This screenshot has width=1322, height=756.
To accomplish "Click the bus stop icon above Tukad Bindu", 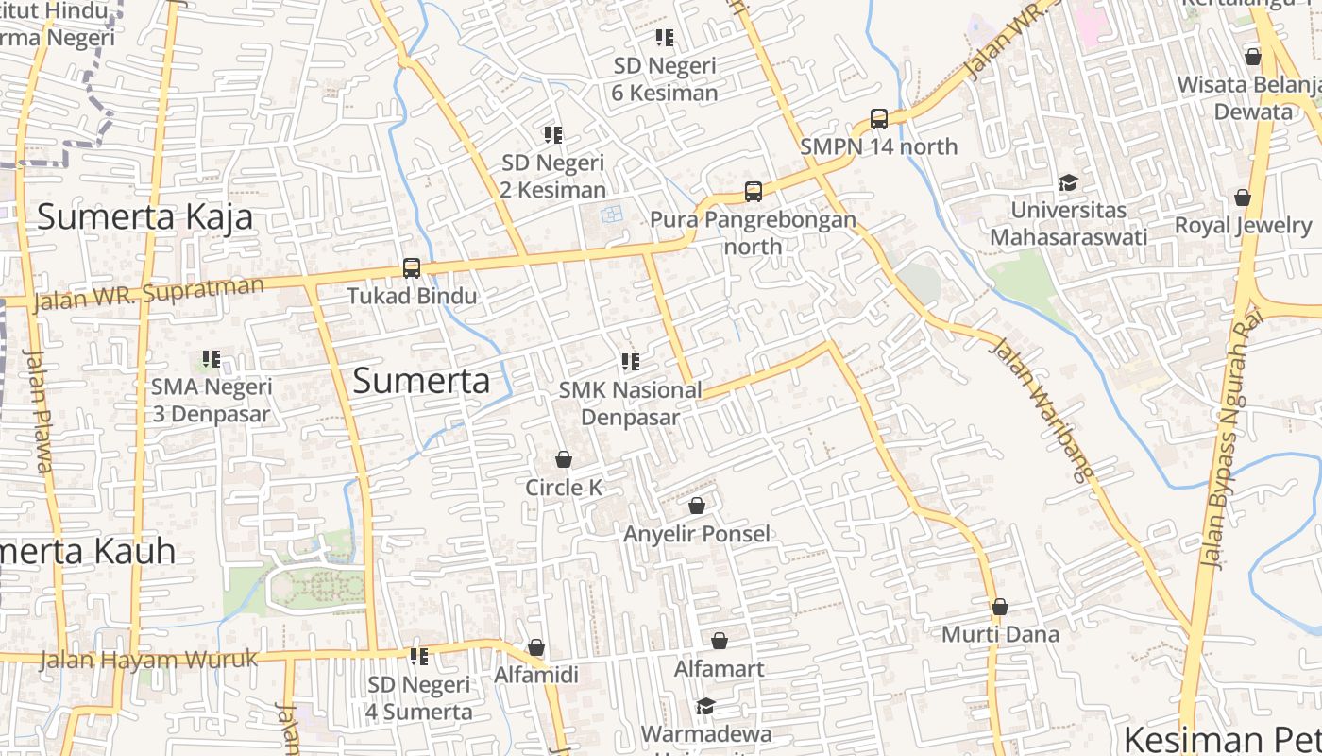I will [412, 268].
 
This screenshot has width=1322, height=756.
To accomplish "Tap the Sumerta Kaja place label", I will [145, 217].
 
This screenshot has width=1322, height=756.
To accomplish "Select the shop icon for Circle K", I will [564, 460].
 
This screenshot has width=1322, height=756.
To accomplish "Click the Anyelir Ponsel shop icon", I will [697, 507].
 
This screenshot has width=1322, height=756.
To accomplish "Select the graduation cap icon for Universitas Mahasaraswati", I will [1068, 182].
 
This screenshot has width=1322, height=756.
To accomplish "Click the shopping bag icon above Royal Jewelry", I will [1243, 198].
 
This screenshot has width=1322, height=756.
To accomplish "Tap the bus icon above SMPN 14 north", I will [879, 119].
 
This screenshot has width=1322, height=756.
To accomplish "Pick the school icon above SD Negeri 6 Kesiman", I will [665, 38].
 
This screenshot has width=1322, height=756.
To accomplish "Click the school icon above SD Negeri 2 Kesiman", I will [553, 135].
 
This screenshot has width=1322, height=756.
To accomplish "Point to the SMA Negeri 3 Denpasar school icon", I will [212, 359].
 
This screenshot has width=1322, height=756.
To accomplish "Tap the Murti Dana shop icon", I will [1000, 607].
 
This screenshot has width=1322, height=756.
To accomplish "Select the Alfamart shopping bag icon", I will [720, 642].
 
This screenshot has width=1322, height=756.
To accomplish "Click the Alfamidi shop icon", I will [536, 648].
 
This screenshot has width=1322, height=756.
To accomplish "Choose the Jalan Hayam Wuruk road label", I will [149, 660].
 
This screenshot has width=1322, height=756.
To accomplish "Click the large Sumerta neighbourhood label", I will [421, 381].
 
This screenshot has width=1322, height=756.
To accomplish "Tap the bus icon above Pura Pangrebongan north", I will [754, 192].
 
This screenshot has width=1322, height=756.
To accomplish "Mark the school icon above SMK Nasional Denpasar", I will [631, 362].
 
